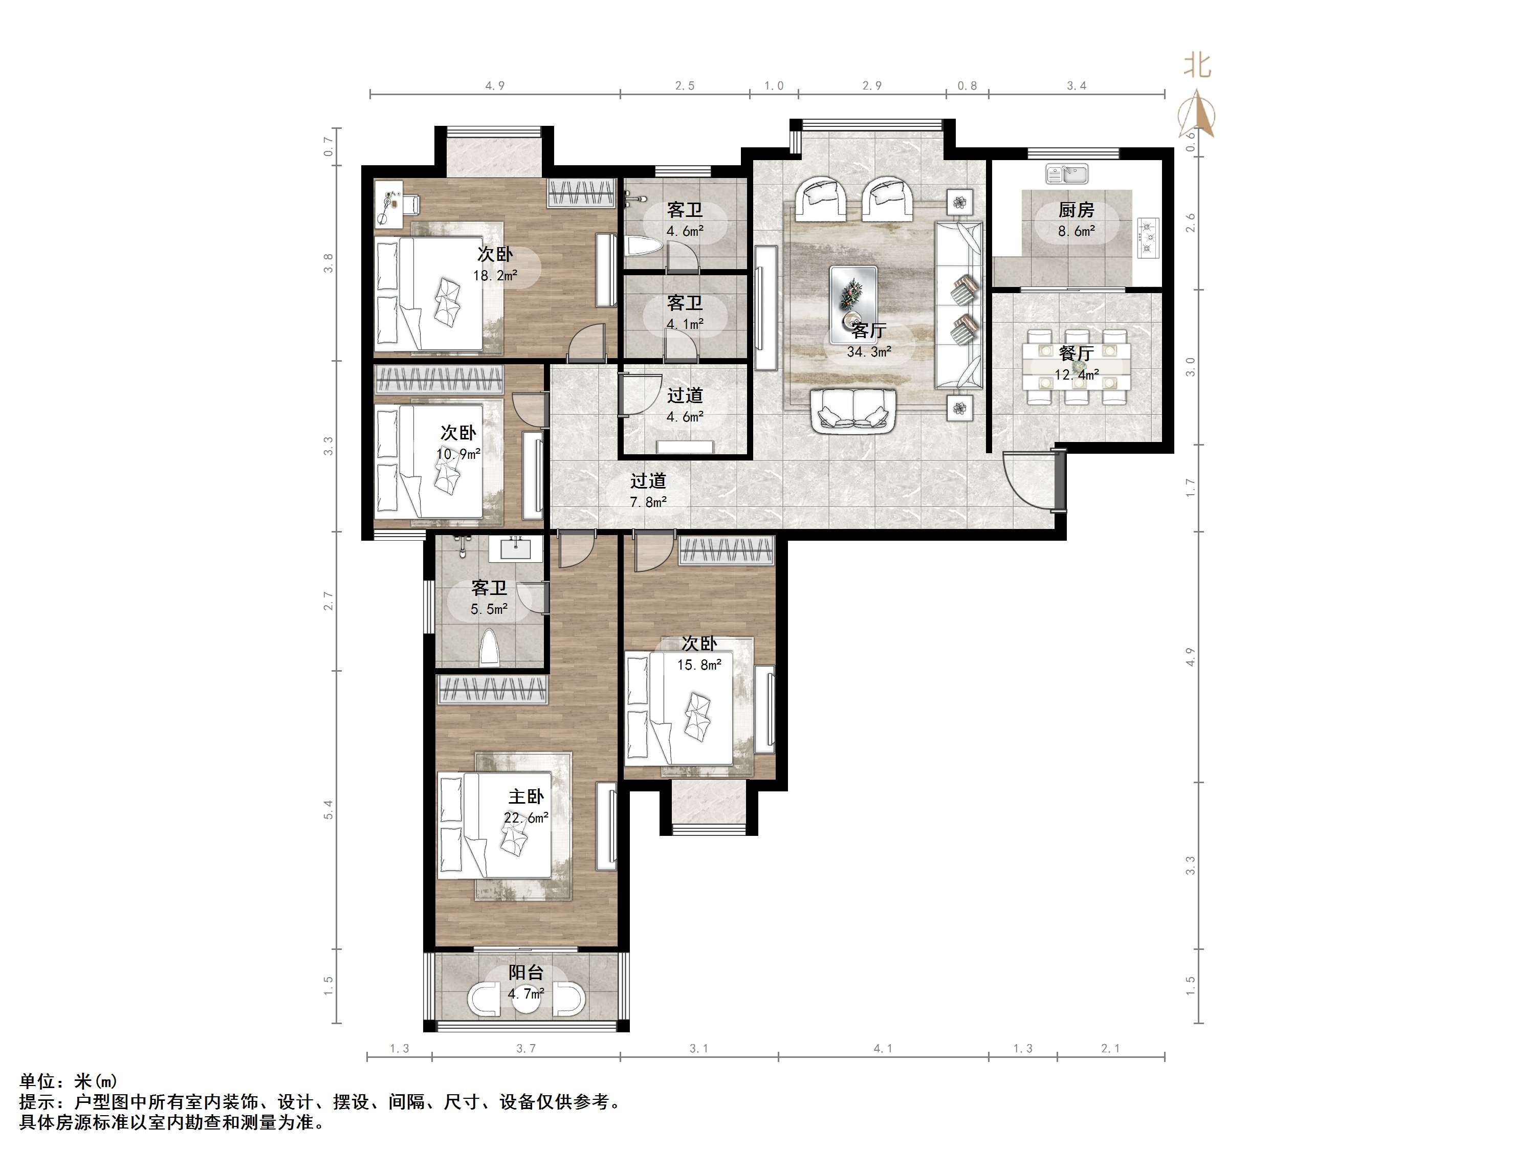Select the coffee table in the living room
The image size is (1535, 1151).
tap(853, 295)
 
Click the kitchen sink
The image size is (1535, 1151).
tap(1067, 173)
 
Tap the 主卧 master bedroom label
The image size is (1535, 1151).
tap(526, 796)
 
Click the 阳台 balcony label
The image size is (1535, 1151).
tap(526, 972)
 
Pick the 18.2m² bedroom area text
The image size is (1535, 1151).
tap(495, 275)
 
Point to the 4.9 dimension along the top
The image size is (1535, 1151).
tap(495, 86)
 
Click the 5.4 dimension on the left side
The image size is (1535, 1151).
tap(328, 810)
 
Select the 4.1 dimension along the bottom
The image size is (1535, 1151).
tap(883, 1048)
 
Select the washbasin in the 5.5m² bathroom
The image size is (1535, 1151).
tap(515, 549)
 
